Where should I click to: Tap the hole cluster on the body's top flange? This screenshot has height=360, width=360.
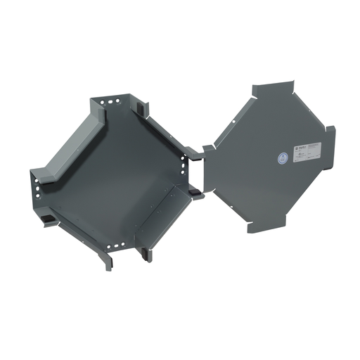110,103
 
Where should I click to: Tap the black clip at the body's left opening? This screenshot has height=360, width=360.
47,220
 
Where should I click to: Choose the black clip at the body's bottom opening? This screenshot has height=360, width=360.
146,252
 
